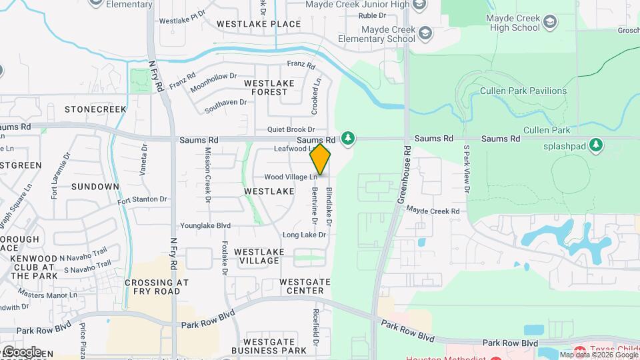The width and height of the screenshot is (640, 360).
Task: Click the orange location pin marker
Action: pyautogui.click(x=321, y=159)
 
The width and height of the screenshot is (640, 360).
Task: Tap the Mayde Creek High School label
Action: pyautogui.click(x=513, y=23)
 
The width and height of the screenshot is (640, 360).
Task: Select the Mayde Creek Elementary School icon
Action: pyautogui.click(x=425, y=33)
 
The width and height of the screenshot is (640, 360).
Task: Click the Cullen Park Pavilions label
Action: pyautogui.click(x=523, y=91)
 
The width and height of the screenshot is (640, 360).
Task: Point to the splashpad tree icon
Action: pyautogui.click(x=597, y=145)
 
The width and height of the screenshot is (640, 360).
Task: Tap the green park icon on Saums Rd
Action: pyautogui.click(x=347, y=138)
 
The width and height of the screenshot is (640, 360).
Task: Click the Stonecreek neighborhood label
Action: pyautogui.click(x=95, y=109)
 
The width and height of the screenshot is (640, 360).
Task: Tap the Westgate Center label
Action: pyautogui.click(x=305, y=286)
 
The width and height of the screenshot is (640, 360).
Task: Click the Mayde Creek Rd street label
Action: pyautogui.click(x=433, y=211)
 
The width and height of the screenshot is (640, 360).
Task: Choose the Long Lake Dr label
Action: pyautogui.click(x=304, y=235)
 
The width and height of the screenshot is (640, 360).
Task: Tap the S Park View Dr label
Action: pyautogui.click(x=466, y=171)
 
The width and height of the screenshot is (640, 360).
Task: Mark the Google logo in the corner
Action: pyautogui.click(x=22, y=351)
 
